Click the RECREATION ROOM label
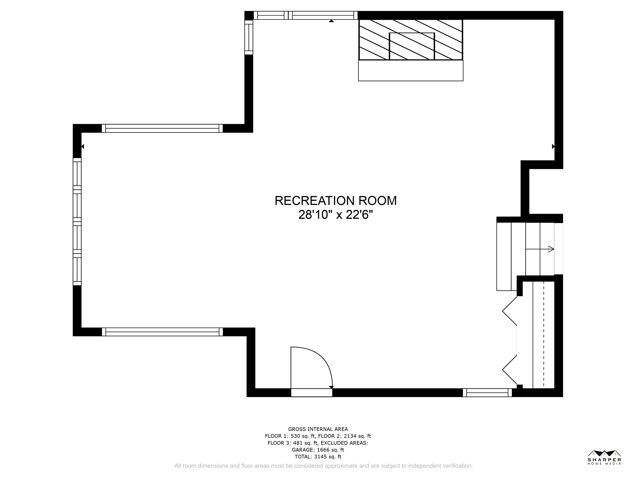point(335,201)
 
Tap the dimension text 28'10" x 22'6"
point(335,215)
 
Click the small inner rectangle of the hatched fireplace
point(412,46)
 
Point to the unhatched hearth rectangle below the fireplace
point(411,71)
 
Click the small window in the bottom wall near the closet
point(487,393)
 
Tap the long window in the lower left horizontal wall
point(162,332)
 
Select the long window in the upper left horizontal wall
point(162,128)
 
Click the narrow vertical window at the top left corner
point(249,37)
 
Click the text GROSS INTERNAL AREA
point(318,429)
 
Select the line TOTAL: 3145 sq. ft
point(318,457)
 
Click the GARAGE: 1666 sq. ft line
point(318,450)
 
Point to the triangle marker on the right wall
point(553,146)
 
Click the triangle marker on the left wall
point(83,146)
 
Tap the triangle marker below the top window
point(331,21)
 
